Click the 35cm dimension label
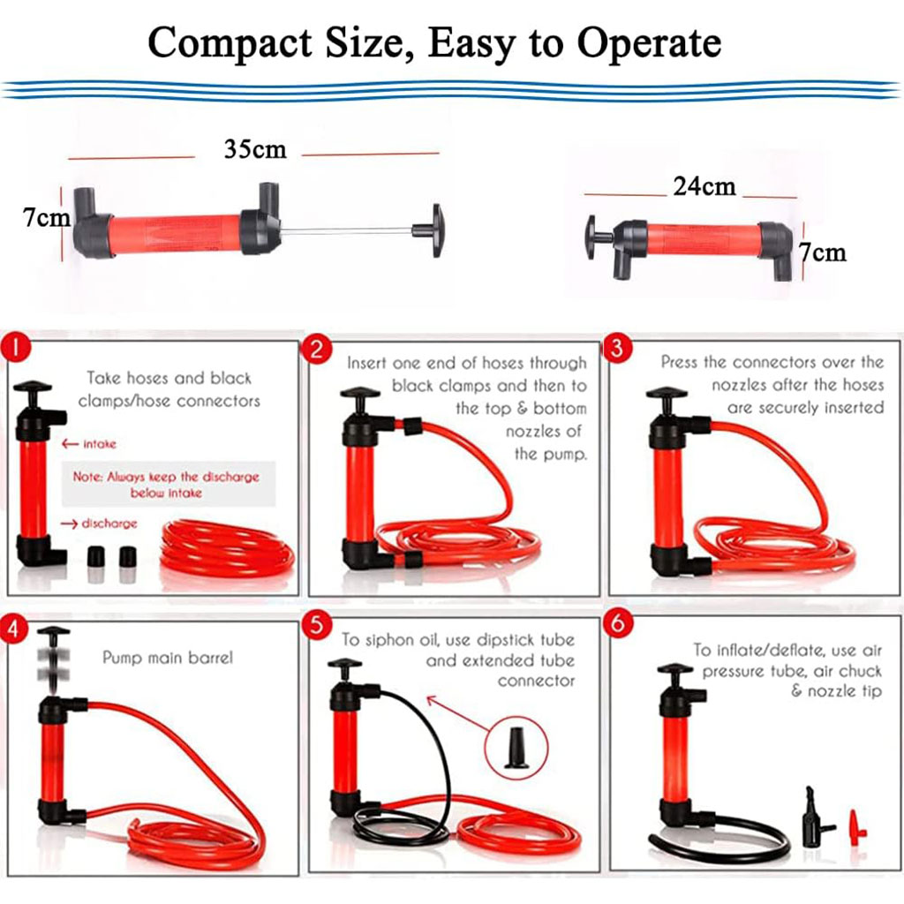point(255,149)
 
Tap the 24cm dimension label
point(704,186)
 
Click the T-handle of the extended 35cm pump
point(430,230)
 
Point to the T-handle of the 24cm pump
point(599,237)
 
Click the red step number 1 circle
point(16,348)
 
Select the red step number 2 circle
point(317,349)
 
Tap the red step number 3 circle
point(617,348)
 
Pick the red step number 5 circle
point(317,625)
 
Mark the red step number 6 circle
point(617,624)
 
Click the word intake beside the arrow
point(100,444)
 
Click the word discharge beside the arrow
point(109,524)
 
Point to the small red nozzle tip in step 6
point(856,826)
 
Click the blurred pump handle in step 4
point(54,657)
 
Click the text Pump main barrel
point(168,658)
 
